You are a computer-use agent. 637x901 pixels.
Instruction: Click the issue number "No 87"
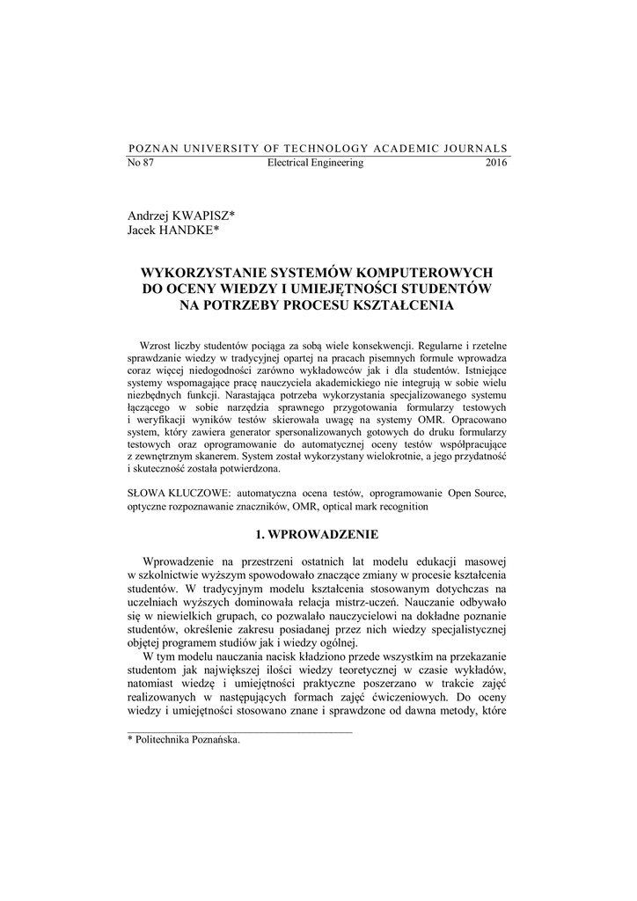coord(141,164)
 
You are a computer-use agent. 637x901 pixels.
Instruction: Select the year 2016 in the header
coord(496,164)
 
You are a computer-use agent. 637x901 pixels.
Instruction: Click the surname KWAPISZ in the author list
coord(206,216)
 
